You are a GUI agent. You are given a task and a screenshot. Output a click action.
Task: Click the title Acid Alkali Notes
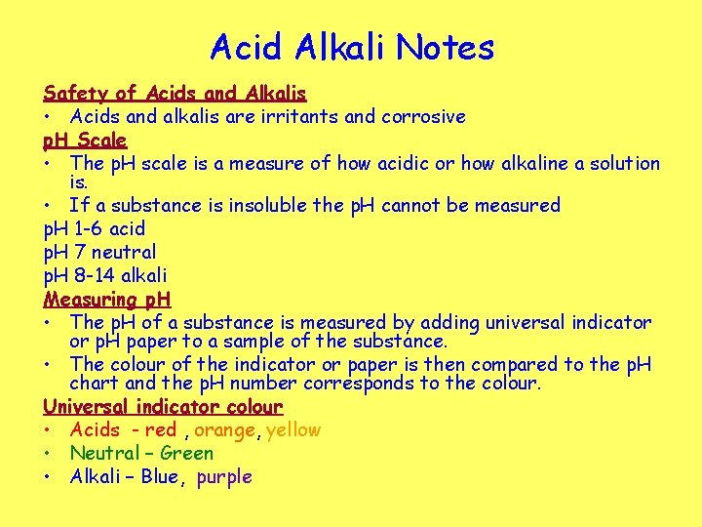pyautogui.click(x=351, y=47)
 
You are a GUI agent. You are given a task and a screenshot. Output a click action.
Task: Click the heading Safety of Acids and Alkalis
pyautogui.click(x=175, y=94)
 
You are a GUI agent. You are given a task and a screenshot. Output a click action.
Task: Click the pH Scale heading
pyautogui.click(x=85, y=141)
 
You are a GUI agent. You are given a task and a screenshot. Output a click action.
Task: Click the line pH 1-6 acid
pyautogui.click(x=95, y=228)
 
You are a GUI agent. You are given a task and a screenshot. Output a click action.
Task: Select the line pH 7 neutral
pyautogui.click(x=99, y=252)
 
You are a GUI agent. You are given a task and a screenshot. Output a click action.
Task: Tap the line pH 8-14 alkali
pyautogui.click(x=105, y=275)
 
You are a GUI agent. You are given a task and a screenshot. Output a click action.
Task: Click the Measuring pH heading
pyautogui.click(x=107, y=299)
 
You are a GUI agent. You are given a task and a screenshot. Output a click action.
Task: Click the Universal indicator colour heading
pyautogui.click(x=163, y=406)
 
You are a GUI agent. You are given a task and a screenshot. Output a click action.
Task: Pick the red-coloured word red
pyautogui.click(x=160, y=430)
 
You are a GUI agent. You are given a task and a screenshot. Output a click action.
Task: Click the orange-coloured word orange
pyautogui.click(x=225, y=430)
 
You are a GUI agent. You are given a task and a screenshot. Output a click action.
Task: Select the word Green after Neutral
pyautogui.click(x=186, y=454)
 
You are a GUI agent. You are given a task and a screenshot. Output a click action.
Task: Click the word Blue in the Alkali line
pyautogui.click(x=159, y=477)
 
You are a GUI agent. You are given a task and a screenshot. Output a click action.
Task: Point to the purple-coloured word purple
pyautogui.click(x=224, y=477)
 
